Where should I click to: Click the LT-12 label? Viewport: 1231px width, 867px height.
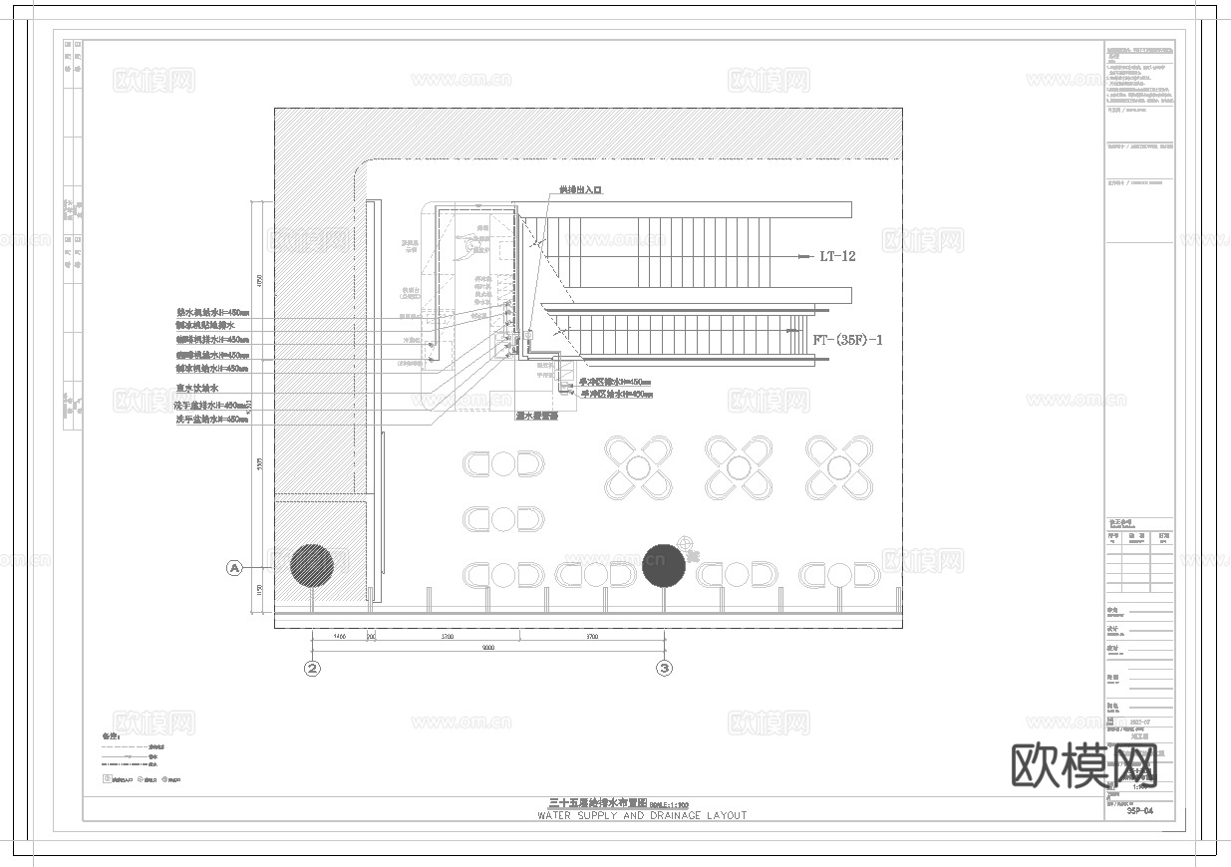(837, 256)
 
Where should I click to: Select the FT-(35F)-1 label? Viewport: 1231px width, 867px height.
(848, 340)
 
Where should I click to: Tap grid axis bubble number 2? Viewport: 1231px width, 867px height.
(313, 669)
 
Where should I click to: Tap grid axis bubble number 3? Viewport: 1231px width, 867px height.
(665, 669)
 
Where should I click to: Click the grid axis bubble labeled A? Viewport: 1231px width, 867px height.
(235, 568)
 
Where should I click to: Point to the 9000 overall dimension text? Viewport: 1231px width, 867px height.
(488, 648)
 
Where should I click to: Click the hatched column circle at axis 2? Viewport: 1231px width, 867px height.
(312, 565)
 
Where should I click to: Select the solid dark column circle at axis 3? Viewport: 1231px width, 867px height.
(664, 565)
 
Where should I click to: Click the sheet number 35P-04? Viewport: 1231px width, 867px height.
(1139, 811)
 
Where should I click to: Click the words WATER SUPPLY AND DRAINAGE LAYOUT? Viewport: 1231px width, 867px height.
(642, 815)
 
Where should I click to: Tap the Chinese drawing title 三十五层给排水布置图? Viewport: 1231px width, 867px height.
(598, 802)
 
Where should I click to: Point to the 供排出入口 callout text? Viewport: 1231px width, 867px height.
(580, 189)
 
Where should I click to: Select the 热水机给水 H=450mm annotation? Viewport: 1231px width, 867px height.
(212, 312)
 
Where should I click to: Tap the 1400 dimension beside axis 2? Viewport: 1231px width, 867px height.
(339, 635)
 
